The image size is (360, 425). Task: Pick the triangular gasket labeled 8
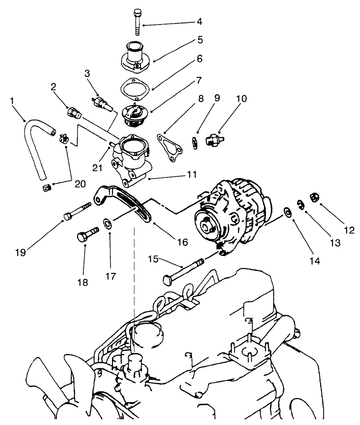[169, 147]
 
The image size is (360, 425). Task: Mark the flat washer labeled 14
[288, 212]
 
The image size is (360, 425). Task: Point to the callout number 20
[80, 184]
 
